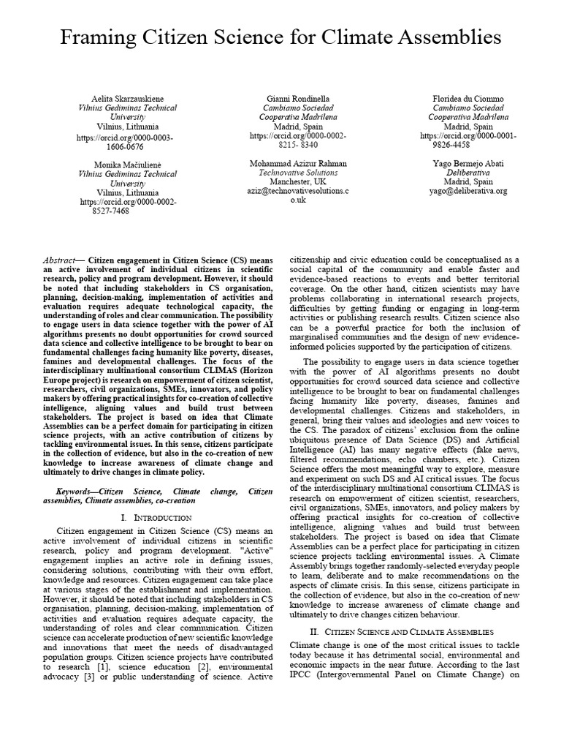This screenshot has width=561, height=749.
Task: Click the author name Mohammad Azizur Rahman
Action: click(x=297, y=163)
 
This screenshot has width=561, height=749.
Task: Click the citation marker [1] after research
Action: click(x=104, y=667)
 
